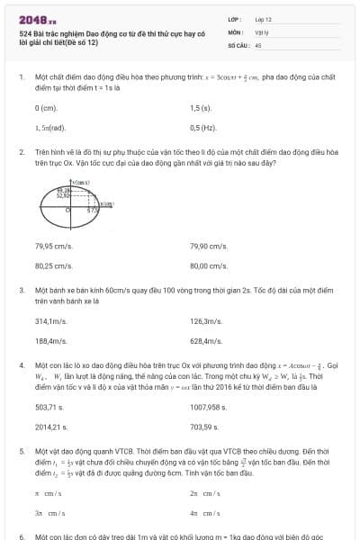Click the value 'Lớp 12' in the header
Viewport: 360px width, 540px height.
tap(263, 18)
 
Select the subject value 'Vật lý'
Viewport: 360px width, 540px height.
tap(261, 31)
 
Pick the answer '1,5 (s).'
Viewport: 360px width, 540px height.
tap(202, 107)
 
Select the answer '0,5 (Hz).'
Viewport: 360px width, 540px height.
tap(203, 127)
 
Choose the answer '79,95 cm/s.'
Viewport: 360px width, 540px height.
tap(53, 246)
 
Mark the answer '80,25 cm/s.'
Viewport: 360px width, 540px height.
tap(53, 265)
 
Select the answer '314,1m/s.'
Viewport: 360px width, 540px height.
tap(51, 321)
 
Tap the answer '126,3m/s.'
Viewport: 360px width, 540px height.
tap(206, 321)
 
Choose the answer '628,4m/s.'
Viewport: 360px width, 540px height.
tap(206, 341)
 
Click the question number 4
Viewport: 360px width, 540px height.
tap(20, 365)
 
